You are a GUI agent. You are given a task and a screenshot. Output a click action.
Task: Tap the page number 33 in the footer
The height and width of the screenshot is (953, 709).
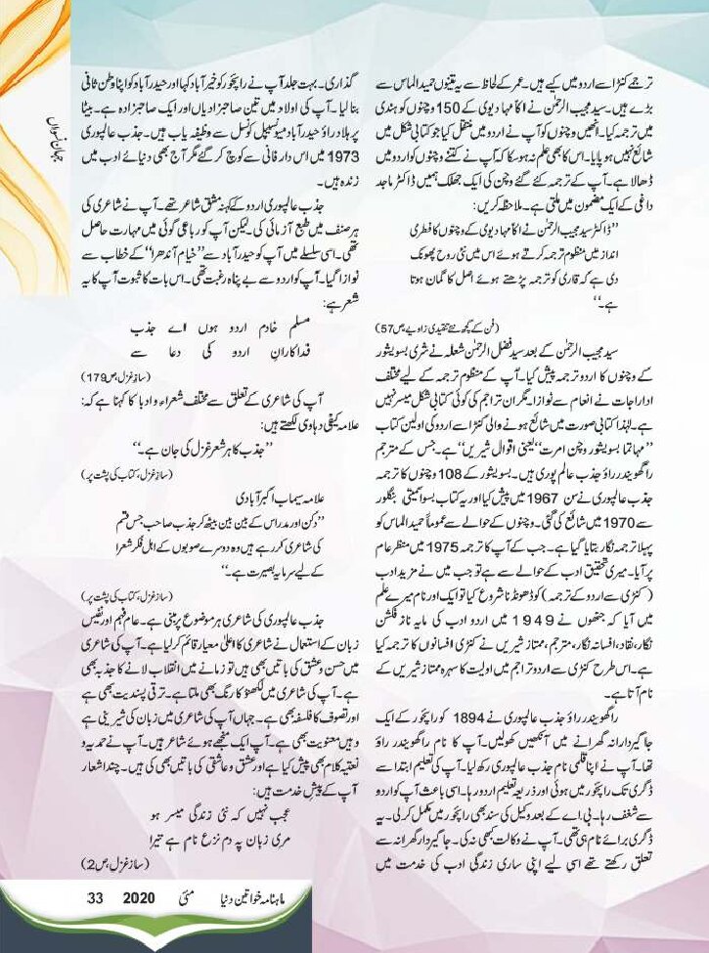95,896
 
